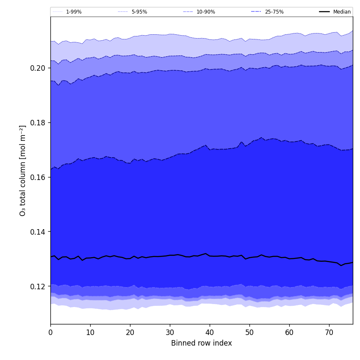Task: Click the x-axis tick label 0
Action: coord(50,333)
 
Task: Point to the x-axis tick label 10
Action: coord(90,333)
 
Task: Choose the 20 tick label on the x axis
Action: coord(130,333)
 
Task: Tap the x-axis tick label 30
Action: coord(170,333)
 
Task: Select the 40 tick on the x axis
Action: coord(210,333)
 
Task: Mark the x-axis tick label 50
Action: coord(249,333)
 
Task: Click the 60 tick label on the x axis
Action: coord(289,333)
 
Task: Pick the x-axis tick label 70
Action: coord(329,333)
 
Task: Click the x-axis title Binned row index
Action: coord(202,343)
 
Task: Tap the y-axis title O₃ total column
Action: coord(23,170)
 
